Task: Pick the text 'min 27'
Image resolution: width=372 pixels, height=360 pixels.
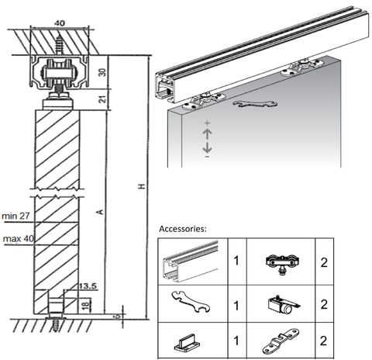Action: coord(16,216)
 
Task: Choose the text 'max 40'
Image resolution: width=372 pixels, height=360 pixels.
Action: coord(16,238)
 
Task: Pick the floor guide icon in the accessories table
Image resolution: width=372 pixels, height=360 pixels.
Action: coord(189,339)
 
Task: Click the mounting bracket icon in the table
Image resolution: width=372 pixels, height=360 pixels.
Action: coord(281,341)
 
